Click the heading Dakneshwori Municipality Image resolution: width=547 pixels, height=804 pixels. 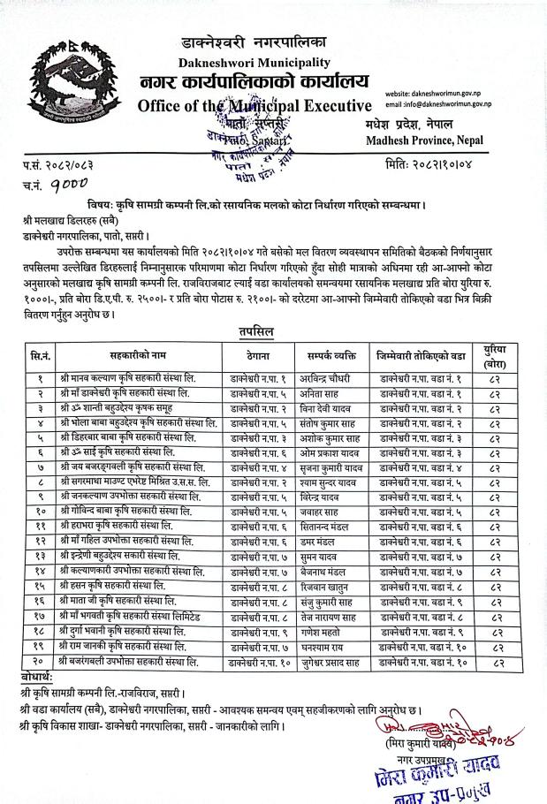[x=254, y=63]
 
